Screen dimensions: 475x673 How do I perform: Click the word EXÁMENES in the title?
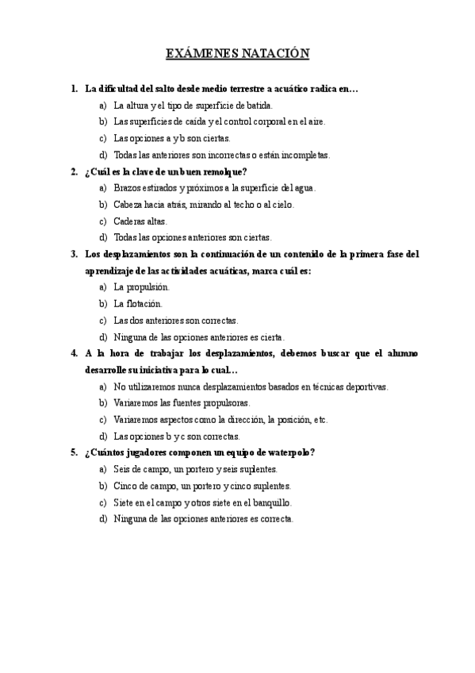click(x=200, y=54)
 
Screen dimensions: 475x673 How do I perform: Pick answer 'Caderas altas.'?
click(x=140, y=221)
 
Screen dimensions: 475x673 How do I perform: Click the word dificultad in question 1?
click(x=122, y=88)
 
